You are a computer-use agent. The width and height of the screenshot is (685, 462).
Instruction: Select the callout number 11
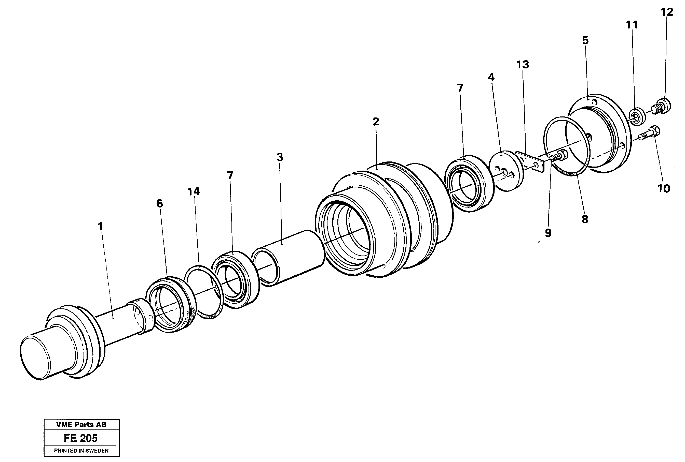(x=632, y=25)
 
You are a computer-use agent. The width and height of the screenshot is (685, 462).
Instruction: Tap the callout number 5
(x=585, y=40)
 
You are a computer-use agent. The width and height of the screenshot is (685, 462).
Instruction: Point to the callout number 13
(x=523, y=64)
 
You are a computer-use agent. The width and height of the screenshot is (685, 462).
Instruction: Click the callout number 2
(x=376, y=121)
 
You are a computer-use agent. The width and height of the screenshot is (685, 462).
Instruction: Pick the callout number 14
(x=194, y=191)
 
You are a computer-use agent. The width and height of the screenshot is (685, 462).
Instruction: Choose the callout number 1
(x=101, y=226)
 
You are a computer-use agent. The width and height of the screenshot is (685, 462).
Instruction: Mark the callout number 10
(x=664, y=189)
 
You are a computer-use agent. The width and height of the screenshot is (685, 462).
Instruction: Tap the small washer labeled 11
(x=637, y=117)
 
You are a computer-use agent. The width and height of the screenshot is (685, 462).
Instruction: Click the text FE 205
(x=81, y=438)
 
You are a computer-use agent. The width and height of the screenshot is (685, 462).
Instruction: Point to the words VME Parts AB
(x=81, y=425)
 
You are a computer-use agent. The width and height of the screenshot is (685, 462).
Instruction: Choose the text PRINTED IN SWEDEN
(x=81, y=451)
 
